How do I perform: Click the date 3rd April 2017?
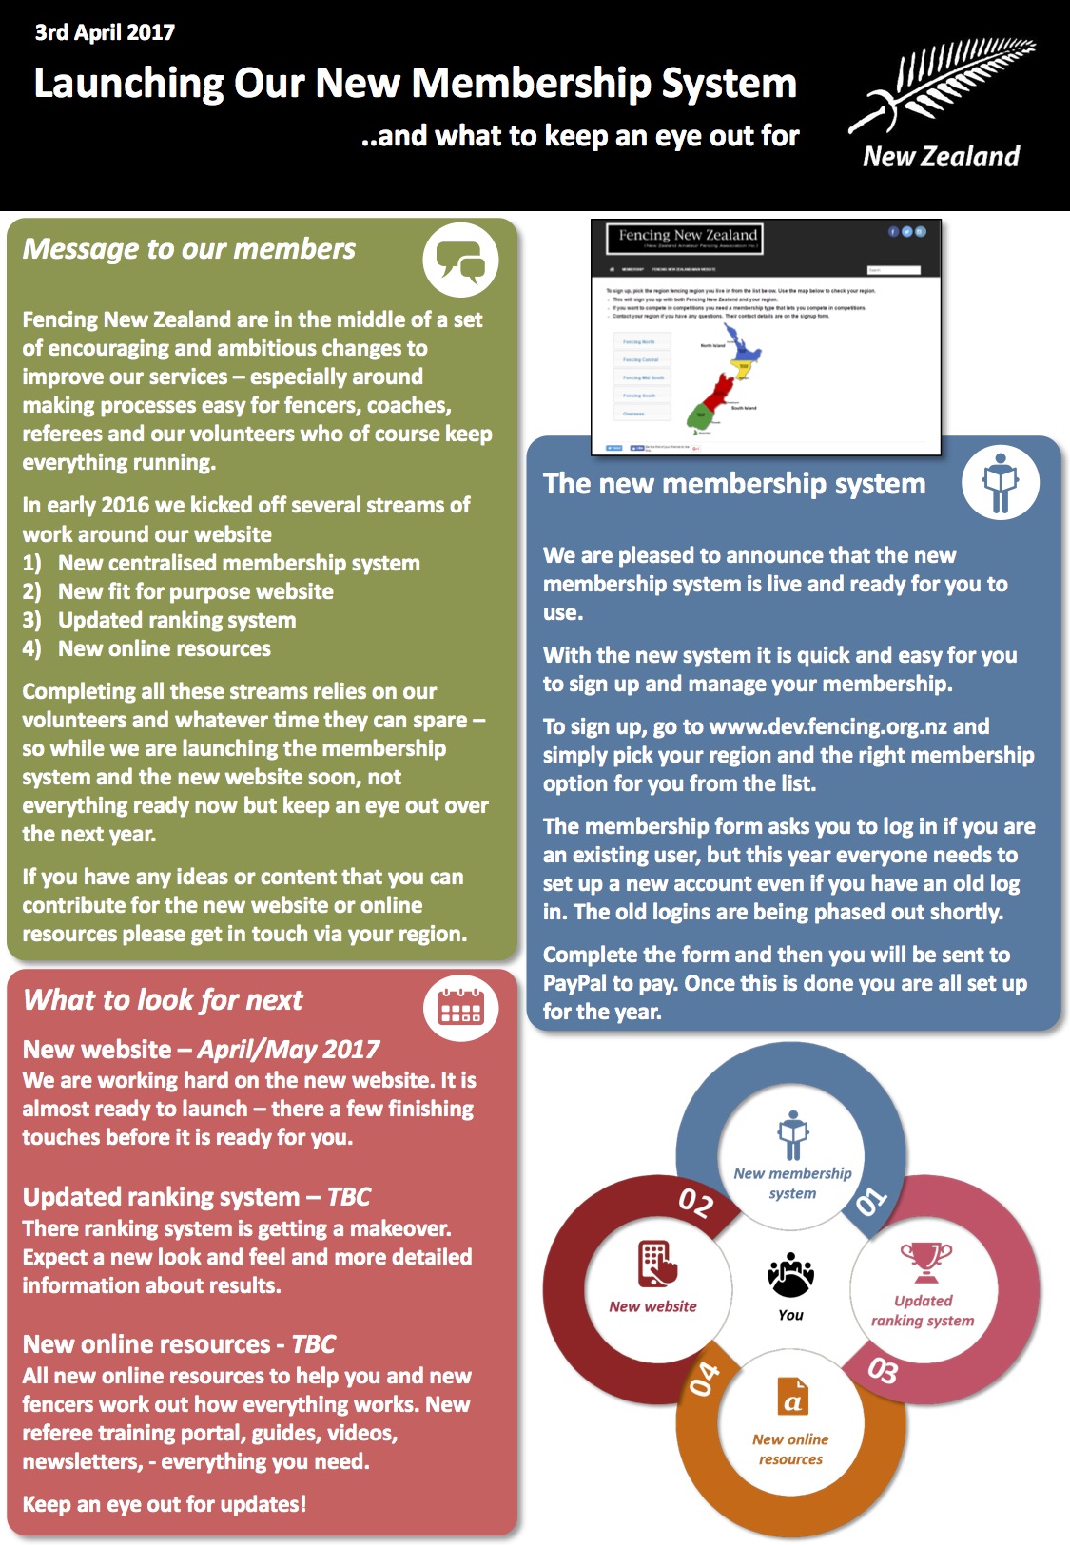[105, 32]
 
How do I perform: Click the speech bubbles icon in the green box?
[460, 260]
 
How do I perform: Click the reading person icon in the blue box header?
[1000, 483]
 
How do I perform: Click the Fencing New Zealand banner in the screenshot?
[685, 238]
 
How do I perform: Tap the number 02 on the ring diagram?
[695, 1203]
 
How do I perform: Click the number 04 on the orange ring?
[705, 1378]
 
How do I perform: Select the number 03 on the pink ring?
[882, 1370]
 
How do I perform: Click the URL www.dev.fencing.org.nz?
[827, 726]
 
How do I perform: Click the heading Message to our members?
[188, 249]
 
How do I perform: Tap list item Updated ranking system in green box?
[177, 620]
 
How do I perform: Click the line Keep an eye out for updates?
[164, 1504]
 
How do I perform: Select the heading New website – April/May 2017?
[201, 1050]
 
